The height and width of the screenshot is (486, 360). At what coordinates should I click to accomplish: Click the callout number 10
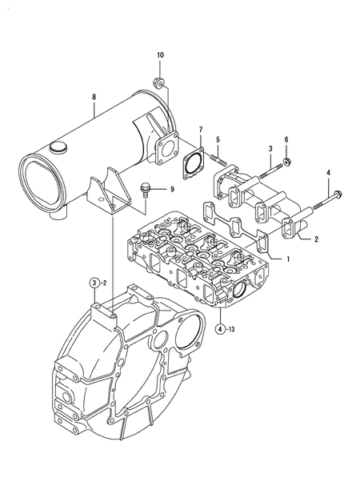click(x=159, y=54)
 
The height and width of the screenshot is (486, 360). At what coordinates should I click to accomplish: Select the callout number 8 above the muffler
click(x=94, y=98)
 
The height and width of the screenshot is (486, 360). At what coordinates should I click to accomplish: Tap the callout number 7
click(x=201, y=129)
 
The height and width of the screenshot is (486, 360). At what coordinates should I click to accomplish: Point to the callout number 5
click(x=217, y=140)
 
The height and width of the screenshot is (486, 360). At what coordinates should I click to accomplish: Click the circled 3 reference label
click(x=94, y=282)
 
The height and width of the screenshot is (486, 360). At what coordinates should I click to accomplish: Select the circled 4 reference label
click(x=220, y=328)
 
